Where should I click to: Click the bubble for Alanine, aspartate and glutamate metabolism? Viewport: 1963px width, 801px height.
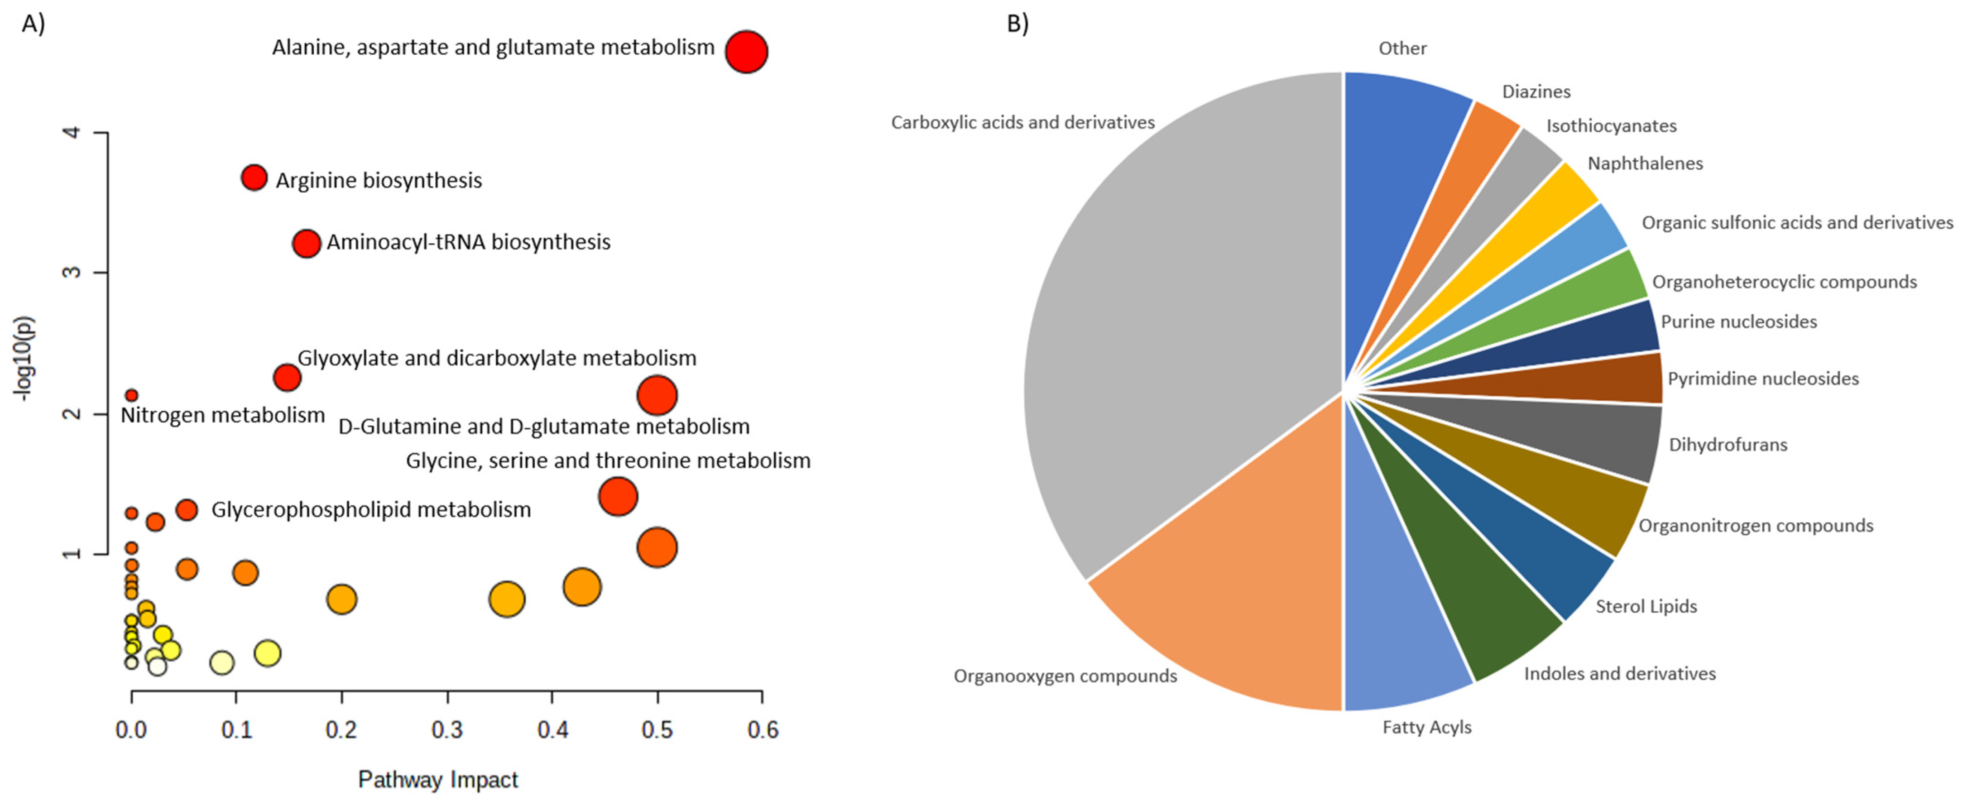point(746,52)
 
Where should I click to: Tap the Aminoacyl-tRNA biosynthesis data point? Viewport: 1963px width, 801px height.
point(307,244)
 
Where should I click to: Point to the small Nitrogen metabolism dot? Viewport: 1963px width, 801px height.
point(131,395)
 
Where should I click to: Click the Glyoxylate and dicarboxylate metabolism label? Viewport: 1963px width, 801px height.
point(497,358)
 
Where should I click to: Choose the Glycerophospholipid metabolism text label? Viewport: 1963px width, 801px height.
point(371,509)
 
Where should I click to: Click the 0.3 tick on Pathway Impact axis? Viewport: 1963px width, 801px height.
point(447,730)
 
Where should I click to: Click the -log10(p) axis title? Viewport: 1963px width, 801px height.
point(24,358)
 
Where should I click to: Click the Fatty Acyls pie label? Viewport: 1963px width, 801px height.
point(1426,727)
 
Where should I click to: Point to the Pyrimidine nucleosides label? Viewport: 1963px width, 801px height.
point(1762,379)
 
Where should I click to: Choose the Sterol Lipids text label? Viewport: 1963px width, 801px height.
point(1646,607)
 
